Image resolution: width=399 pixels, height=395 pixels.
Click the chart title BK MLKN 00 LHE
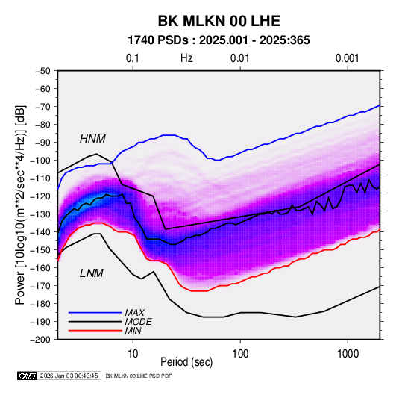[219, 21]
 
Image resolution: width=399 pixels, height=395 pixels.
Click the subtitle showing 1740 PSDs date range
[219, 40]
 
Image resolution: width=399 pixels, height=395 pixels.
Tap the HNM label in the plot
[92, 139]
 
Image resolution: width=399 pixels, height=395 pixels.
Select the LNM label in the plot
[92, 273]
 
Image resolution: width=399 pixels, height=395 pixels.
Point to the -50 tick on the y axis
[43, 71]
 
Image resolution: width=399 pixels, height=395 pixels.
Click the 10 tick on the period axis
[133, 354]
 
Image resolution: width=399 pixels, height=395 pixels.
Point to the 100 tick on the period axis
[240, 354]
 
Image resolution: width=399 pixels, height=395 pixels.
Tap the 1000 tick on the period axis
[348, 354]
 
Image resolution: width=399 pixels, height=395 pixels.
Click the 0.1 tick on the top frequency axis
[133, 58]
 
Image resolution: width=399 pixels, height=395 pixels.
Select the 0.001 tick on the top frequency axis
[348, 58]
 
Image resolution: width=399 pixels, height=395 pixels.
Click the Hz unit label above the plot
[186, 58]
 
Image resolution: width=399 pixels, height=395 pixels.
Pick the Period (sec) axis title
[186, 362]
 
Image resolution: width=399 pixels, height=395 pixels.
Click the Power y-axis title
[20, 205]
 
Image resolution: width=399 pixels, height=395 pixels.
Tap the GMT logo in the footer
[27, 376]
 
